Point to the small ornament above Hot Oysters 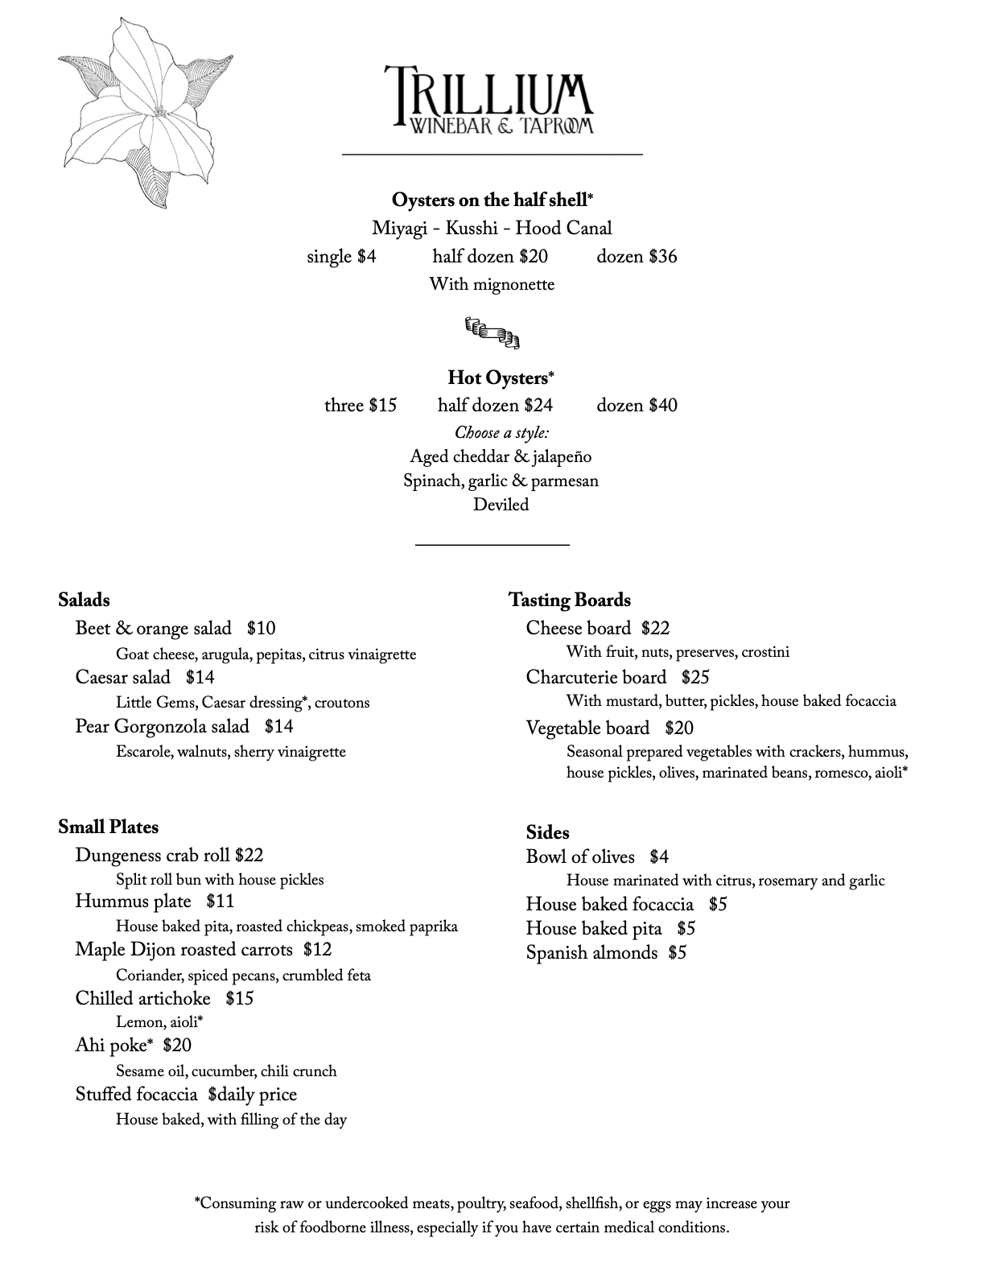coord(492,332)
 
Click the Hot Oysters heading coord(500,378)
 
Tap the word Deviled coord(501,505)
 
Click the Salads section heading coord(84,600)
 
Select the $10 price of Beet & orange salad coord(261,629)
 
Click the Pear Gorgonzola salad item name coord(162,727)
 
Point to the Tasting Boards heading coord(569,600)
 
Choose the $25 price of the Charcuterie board coord(694,678)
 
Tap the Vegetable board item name coord(587,728)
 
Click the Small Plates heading coord(108,827)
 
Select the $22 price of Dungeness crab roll coord(249,856)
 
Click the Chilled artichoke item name coord(142,999)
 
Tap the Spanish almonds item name coord(591,953)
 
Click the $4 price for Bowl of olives coord(659,857)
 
